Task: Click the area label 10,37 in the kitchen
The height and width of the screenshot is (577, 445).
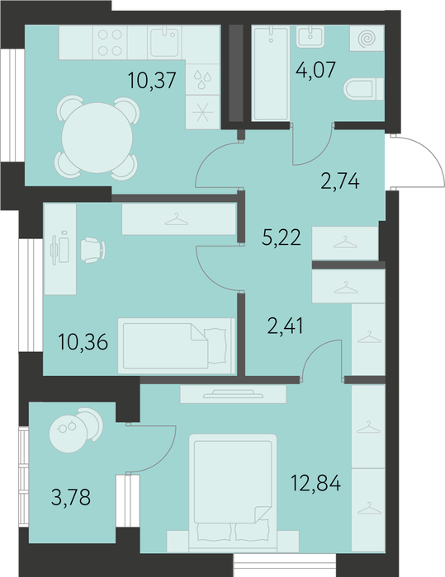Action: click(x=152, y=81)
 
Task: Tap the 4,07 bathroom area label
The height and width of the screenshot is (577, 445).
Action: click(x=316, y=69)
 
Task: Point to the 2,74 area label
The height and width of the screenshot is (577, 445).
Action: click(x=340, y=181)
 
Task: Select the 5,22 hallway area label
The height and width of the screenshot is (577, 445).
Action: click(x=282, y=237)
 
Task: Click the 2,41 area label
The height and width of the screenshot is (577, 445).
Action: click(x=286, y=326)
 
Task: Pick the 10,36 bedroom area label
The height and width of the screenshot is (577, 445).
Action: click(x=83, y=342)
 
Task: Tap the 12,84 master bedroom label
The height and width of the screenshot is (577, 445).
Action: click(x=316, y=483)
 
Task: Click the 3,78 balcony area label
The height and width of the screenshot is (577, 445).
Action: click(x=71, y=498)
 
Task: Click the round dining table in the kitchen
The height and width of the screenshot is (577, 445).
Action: click(x=97, y=138)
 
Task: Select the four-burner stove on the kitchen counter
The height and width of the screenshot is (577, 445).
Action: click(x=110, y=42)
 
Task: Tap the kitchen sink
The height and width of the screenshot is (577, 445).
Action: click(x=164, y=42)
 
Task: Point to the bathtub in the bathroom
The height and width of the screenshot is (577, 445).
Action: click(x=271, y=73)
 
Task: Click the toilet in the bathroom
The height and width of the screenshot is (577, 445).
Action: click(x=363, y=89)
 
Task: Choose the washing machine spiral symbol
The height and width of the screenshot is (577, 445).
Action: click(x=367, y=39)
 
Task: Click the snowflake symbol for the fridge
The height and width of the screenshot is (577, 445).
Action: click(x=203, y=112)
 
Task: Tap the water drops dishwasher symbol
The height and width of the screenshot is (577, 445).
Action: click(x=203, y=79)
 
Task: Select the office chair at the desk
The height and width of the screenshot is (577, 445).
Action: click(x=92, y=251)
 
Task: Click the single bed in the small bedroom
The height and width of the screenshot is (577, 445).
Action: click(x=177, y=346)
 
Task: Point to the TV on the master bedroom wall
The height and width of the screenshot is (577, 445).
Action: click(x=233, y=394)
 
